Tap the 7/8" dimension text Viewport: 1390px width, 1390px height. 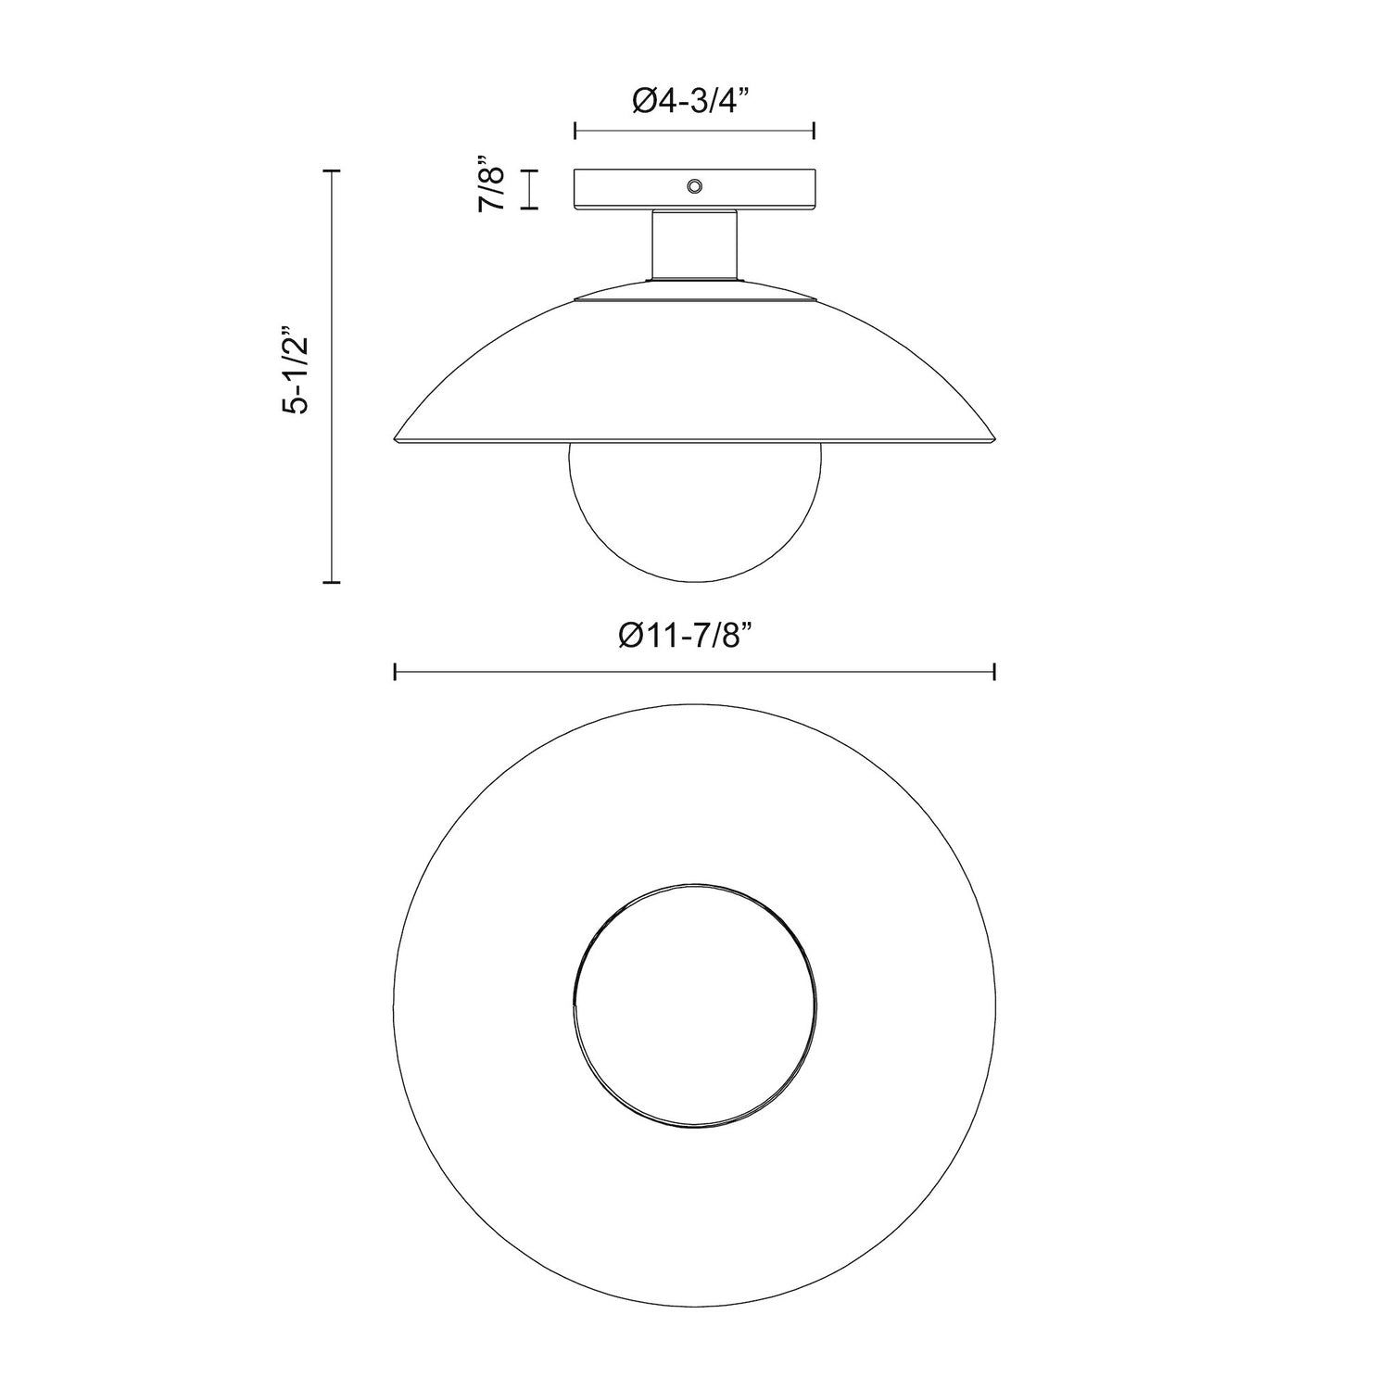[x=491, y=189]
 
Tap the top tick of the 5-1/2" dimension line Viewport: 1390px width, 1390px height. [x=332, y=171]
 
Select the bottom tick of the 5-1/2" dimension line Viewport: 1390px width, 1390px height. [x=332, y=582]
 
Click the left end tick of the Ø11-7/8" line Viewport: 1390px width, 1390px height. [x=396, y=672]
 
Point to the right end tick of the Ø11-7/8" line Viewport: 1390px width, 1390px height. [x=994, y=672]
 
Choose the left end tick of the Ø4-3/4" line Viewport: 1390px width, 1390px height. [x=575, y=131]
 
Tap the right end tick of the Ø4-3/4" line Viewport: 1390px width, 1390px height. [x=814, y=131]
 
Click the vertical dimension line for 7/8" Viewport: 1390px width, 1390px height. [x=529, y=189]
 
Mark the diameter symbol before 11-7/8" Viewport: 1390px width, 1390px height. [x=630, y=637]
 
